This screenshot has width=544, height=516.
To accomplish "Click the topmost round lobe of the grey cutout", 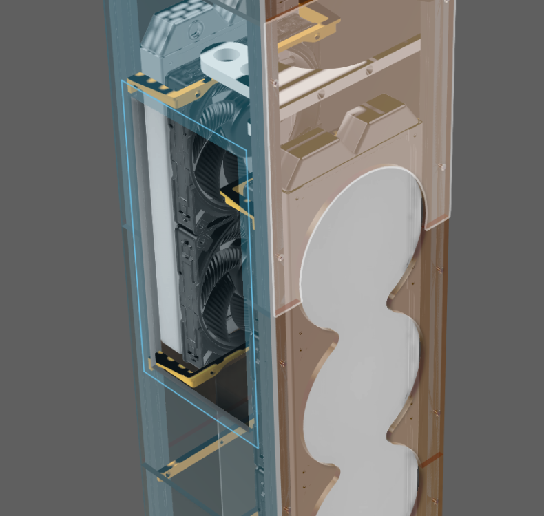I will point(365,227).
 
